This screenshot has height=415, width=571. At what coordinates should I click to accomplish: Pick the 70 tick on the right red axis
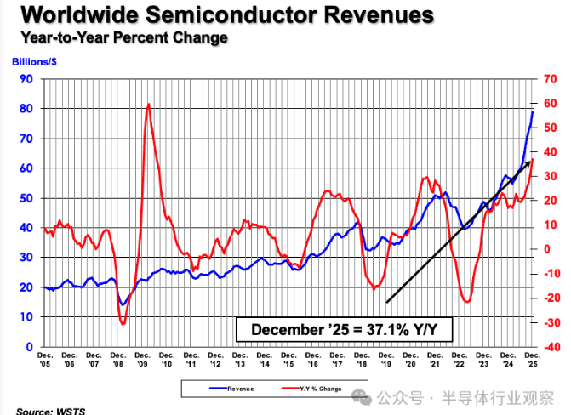[x=551, y=79]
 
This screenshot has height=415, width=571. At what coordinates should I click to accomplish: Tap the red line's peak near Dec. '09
[x=149, y=105]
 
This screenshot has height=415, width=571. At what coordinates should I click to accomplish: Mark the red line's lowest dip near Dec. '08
[x=123, y=323]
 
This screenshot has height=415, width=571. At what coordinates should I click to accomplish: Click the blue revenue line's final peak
[x=533, y=111]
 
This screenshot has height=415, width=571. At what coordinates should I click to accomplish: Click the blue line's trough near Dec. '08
[x=123, y=304]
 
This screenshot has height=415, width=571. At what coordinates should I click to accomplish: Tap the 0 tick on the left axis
[x=28, y=347]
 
